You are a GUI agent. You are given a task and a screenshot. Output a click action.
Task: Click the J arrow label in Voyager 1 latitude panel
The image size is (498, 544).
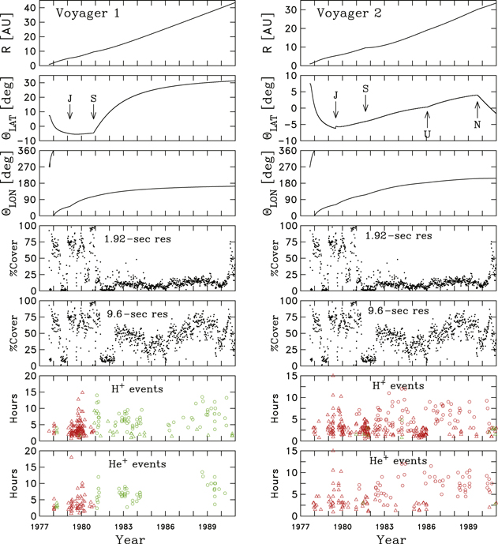(69, 97)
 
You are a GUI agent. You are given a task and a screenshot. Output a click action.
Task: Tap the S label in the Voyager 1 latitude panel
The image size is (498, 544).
(94, 97)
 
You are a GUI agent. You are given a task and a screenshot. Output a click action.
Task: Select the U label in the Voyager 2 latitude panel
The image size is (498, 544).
(427, 135)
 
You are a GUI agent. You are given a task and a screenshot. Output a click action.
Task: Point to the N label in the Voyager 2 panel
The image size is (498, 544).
(477, 126)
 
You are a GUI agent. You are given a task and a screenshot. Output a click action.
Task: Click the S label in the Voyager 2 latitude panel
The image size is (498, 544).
(365, 88)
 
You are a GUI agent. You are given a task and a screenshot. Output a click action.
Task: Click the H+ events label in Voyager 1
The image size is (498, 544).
(140, 388)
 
